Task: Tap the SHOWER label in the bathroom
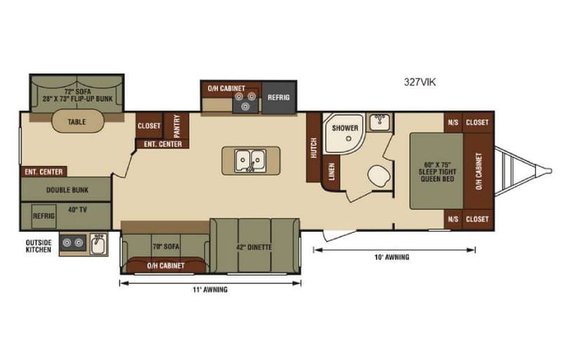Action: (x=345, y=128)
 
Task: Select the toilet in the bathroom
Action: (x=378, y=177)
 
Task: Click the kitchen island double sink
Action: (x=249, y=160)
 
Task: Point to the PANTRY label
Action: (x=177, y=124)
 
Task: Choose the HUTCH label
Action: (x=313, y=148)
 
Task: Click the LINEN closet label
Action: (x=332, y=172)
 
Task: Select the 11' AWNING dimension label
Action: (x=210, y=289)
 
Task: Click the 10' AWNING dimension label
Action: (x=391, y=256)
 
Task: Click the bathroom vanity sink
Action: (x=378, y=121)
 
